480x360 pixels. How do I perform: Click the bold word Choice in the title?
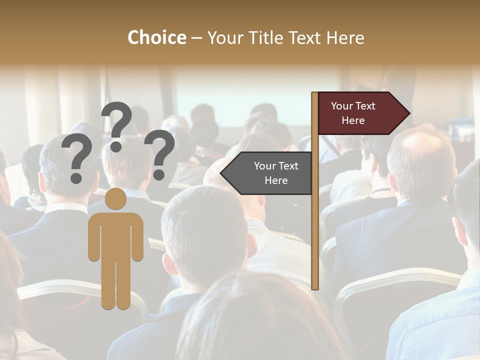click(x=156, y=37)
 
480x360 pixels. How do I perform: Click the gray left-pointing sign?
click(x=270, y=173)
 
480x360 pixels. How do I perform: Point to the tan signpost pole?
click(x=314, y=210)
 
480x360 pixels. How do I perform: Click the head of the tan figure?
click(x=116, y=198)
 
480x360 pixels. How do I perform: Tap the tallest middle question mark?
click(x=117, y=126)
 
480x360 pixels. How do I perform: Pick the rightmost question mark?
click(x=160, y=153)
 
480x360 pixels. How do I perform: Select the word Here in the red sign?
click(x=353, y=120)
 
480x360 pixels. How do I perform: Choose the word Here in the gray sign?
click(x=276, y=180)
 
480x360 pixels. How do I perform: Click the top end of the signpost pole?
click(x=314, y=94)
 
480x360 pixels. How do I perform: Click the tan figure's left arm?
click(x=94, y=237)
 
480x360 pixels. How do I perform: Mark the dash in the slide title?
click(x=196, y=38)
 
